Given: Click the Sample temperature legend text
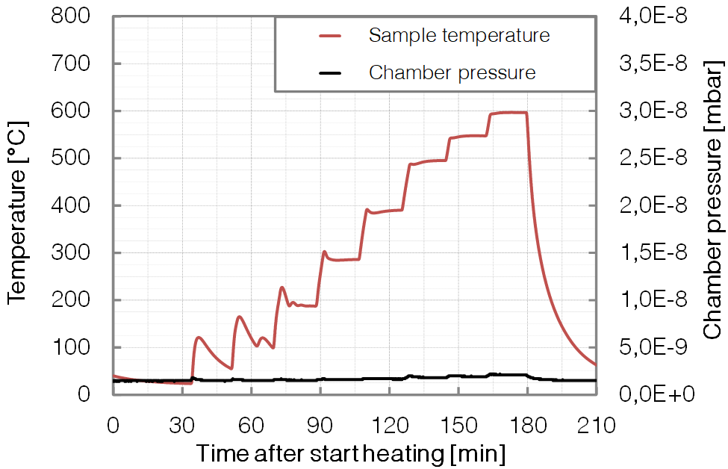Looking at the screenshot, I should point(459,35).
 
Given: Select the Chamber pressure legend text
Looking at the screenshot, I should point(452,72).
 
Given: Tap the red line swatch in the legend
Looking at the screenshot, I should point(329,35).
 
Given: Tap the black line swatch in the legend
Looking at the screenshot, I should point(329,72).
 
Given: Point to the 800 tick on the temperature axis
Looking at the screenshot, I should point(71,16).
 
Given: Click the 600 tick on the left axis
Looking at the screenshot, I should point(71,111).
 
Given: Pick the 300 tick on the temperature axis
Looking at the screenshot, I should point(71,253).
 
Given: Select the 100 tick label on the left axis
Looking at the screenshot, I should point(71,348).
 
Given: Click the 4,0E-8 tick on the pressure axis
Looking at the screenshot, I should point(653,16).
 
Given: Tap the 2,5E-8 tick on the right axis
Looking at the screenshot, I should point(653,158).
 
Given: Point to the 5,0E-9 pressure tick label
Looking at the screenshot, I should point(653,348).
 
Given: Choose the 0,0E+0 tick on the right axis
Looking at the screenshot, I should point(653,394).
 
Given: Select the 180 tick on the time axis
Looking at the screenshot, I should point(527,426).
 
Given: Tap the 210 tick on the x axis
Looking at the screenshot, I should point(596,426).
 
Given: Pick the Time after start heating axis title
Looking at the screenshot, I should point(351,453).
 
